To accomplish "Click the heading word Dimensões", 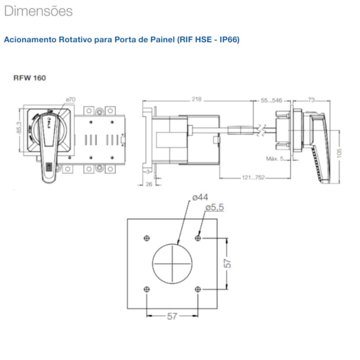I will click(x=38, y=11).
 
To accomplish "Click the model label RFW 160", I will click(x=30, y=78).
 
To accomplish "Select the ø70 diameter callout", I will click(x=70, y=100).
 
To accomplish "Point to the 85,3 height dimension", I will click(x=19, y=131).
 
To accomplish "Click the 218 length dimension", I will click(x=197, y=100).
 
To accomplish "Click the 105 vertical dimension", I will click(x=339, y=151).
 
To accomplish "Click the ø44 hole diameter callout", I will click(x=199, y=198).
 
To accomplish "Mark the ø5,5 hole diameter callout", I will click(x=215, y=207).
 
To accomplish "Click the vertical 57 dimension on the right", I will click(x=227, y=264).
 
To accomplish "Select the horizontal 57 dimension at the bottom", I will click(x=172, y=316).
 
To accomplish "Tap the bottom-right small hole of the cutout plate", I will click(x=198, y=289).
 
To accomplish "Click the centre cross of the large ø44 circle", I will click(x=172, y=263).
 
